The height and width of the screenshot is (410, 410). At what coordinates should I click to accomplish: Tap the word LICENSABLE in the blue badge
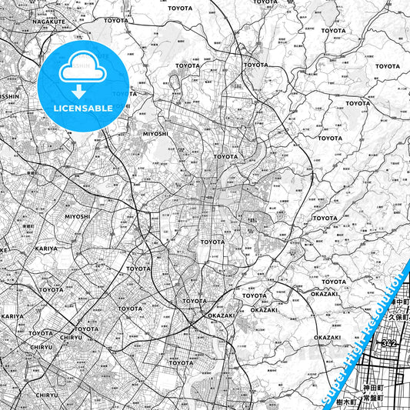[x=84, y=108]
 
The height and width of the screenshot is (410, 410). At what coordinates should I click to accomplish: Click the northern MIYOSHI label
[x=155, y=133]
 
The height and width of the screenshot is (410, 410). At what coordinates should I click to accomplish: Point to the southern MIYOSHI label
[x=77, y=216]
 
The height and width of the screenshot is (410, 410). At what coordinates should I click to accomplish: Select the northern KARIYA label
[x=46, y=249]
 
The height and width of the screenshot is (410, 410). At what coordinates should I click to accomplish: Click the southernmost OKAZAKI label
[x=327, y=337]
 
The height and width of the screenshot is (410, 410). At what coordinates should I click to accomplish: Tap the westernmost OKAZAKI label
[x=220, y=315]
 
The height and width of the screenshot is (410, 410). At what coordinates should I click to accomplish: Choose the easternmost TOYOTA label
[x=388, y=66]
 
